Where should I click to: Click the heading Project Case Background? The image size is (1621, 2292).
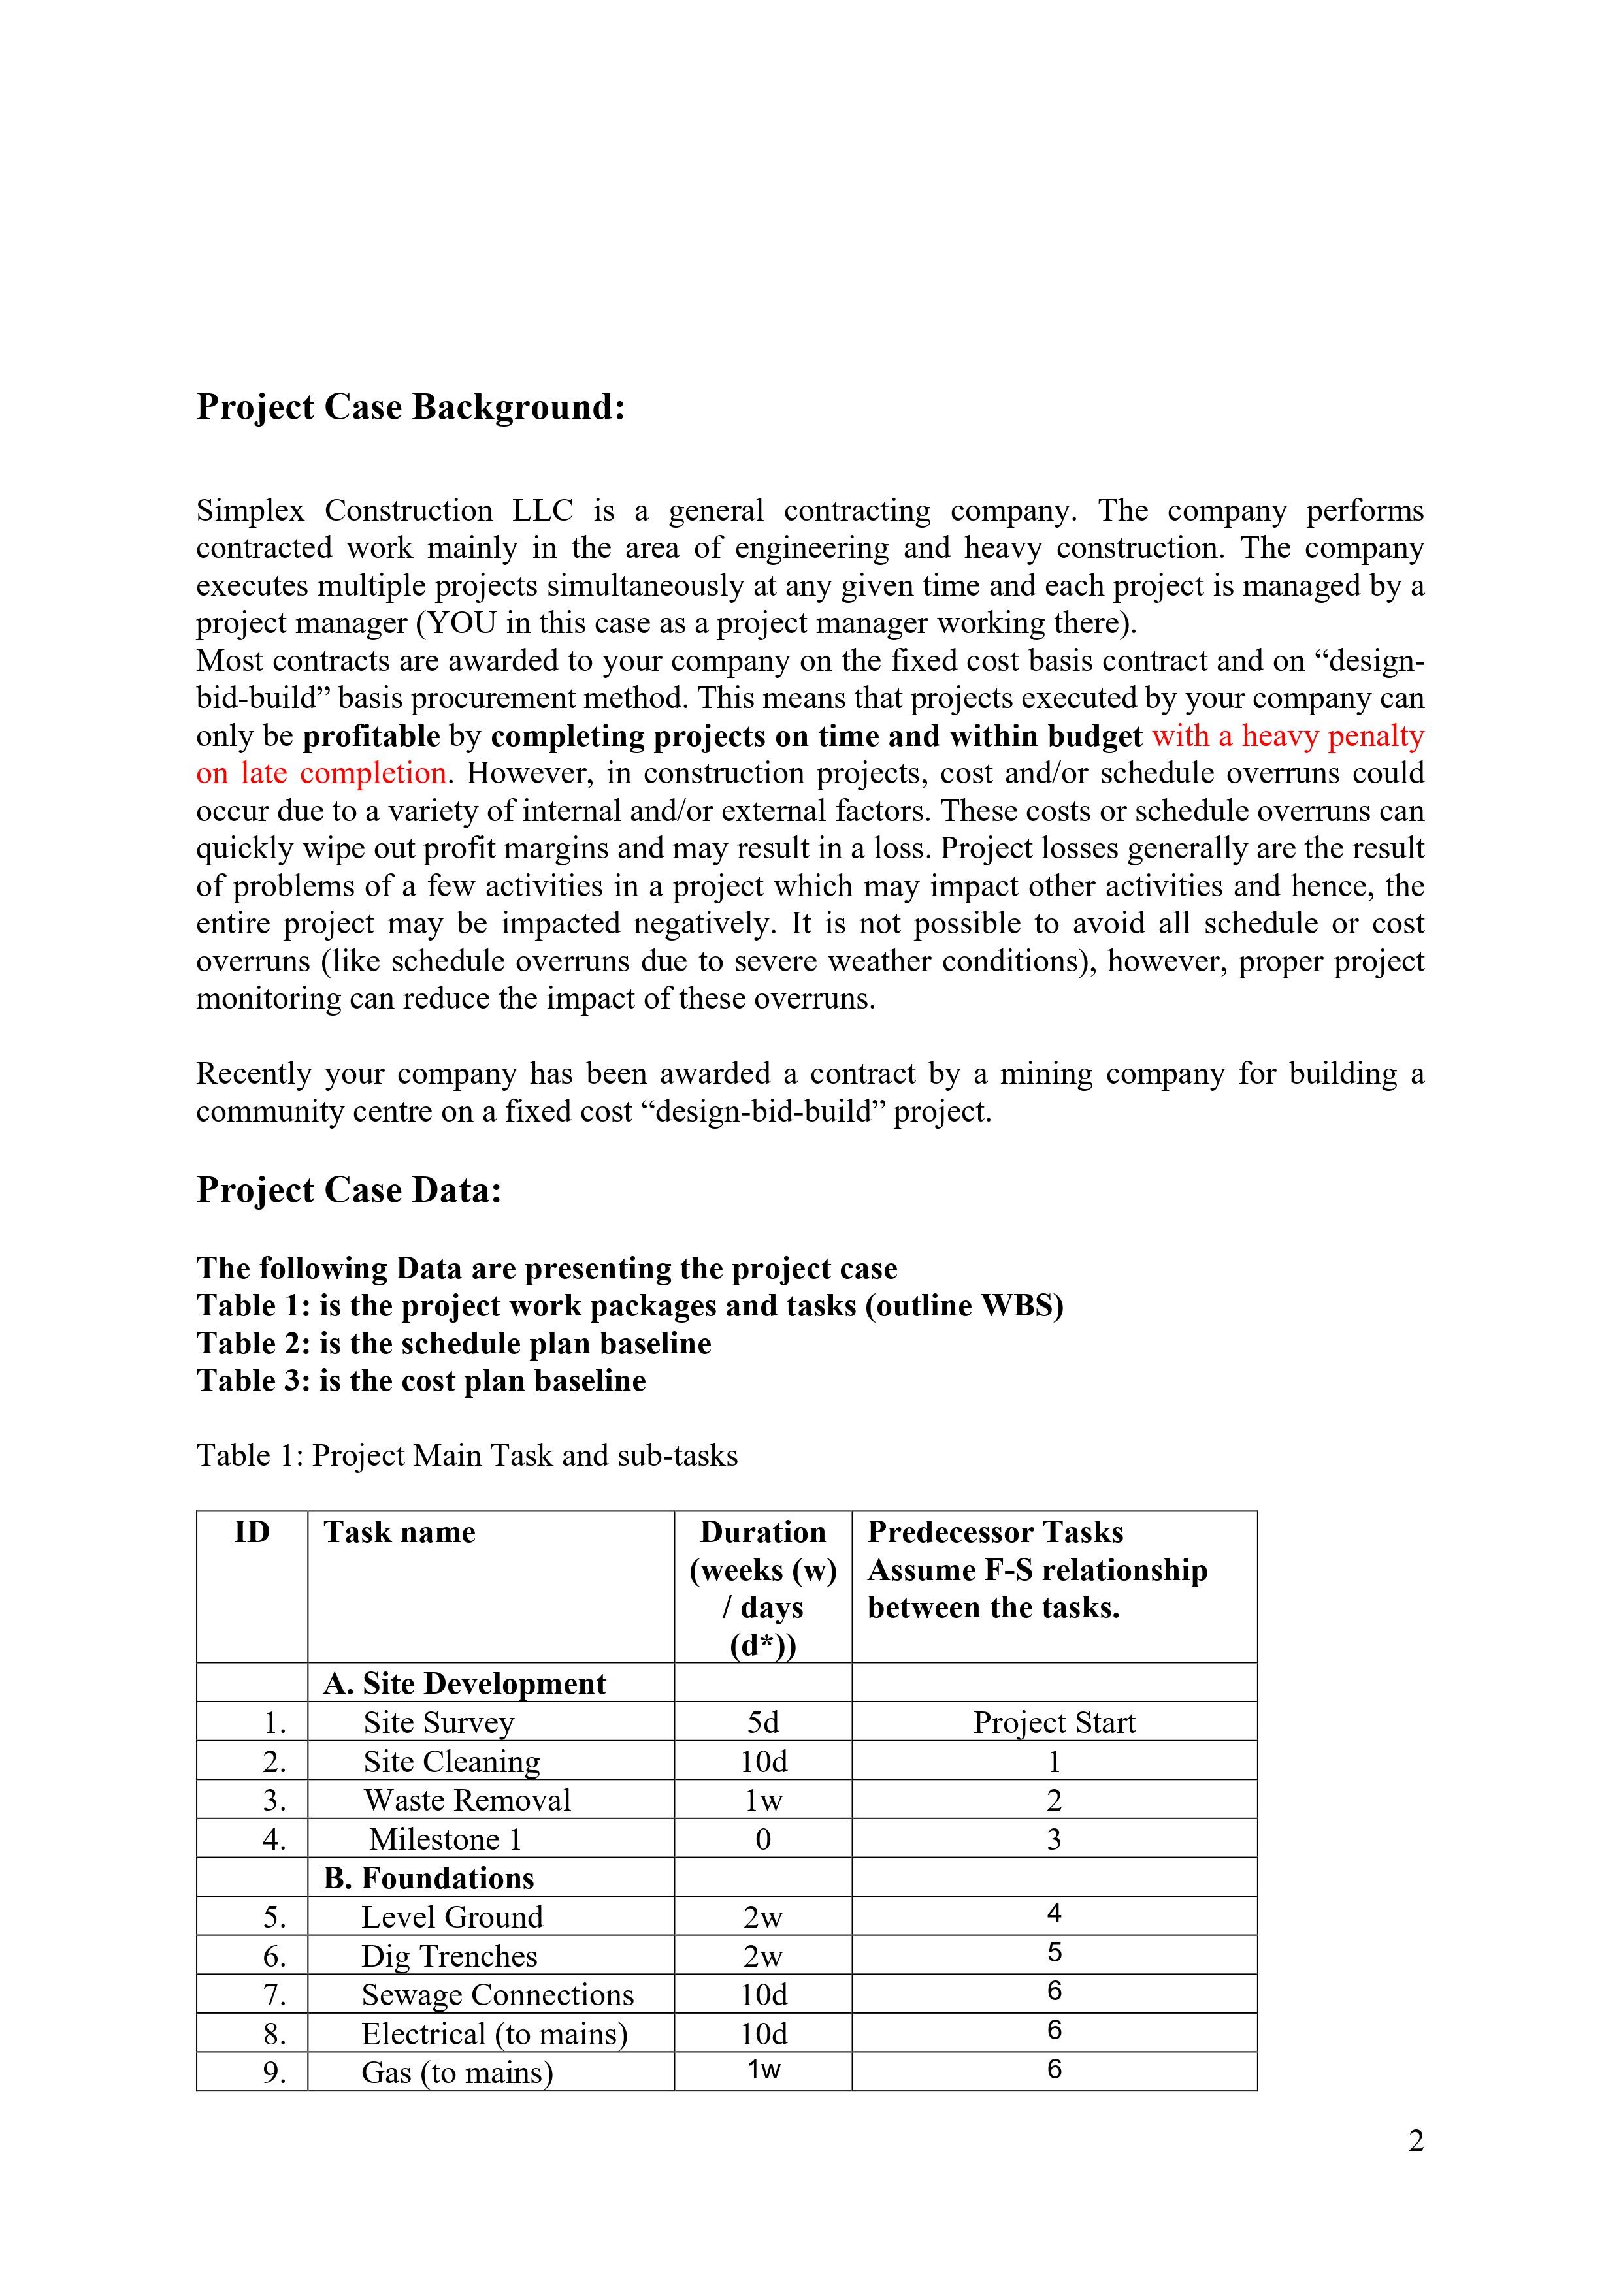[x=410, y=408]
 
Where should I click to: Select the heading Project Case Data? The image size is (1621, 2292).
[x=348, y=1190]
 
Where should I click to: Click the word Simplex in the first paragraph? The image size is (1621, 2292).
[x=250, y=511]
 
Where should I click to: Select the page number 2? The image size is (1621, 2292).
[x=1415, y=2141]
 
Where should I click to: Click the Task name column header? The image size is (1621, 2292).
[x=399, y=1532]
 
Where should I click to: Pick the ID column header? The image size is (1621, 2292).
[x=252, y=1532]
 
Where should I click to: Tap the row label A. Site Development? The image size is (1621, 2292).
[x=465, y=1684]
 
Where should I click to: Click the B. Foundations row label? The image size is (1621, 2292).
[x=429, y=1879]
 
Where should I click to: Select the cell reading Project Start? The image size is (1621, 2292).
[x=1054, y=1723]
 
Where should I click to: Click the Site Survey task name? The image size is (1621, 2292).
[x=438, y=1723]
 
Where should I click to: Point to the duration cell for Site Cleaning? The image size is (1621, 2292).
[x=763, y=1762]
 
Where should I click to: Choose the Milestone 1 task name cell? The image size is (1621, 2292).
[x=446, y=1840]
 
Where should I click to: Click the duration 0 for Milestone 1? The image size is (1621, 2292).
[x=763, y=1840]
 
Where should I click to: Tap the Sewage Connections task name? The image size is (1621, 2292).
[x=497, y=1995]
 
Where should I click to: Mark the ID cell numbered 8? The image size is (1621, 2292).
[x=274, y=2035]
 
